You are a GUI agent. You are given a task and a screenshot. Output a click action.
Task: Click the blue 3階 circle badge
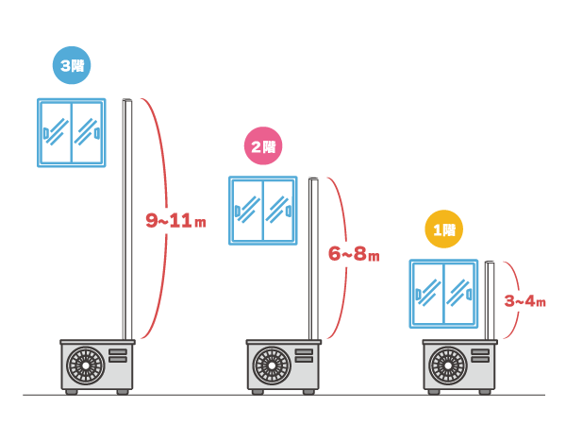(x=71, y=66)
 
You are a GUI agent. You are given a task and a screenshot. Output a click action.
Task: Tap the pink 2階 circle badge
(x=262, y=146)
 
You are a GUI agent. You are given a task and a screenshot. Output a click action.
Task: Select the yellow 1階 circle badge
(x=443, y=229)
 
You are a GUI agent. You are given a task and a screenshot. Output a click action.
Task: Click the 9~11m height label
(x=175, y=221)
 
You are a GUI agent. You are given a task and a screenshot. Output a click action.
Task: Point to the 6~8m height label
(x=353, y=254)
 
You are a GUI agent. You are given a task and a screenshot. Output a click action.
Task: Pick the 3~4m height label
(x=525, y=301)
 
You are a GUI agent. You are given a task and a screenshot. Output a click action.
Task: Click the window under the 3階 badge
(x=72, y=132)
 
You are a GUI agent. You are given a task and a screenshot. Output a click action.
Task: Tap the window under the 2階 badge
(x=263, y=210)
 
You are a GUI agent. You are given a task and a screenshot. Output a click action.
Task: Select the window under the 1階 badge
(x=443, y=294)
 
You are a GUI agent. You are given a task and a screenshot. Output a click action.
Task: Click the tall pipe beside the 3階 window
(x=126, y=217)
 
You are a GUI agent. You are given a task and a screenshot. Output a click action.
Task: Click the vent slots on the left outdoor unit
(x=118, y=355)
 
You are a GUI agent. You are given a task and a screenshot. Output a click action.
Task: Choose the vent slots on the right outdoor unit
(x=479, y=355)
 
